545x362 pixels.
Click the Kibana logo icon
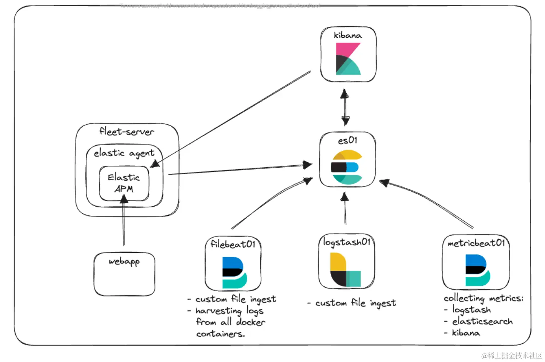(348, 59)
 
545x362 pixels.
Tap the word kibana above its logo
(348, 35)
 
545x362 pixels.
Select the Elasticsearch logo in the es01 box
(347, 167)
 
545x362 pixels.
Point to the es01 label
(348, 140)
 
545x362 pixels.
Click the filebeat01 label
(233, 244)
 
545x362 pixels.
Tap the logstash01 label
(346, 242)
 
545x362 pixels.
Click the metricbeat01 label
(476, 243)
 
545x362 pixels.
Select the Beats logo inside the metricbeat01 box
(477, 270)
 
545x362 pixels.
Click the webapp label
(124, 262)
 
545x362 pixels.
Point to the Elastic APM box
(124, 183)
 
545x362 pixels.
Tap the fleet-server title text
(127, 132)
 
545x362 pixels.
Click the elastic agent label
(124, 153)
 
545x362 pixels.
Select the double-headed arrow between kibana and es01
(345, 107)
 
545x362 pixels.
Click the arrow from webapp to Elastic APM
(124, 222)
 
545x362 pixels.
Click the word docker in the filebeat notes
(251, 322)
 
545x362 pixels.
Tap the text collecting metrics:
(483, 298)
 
